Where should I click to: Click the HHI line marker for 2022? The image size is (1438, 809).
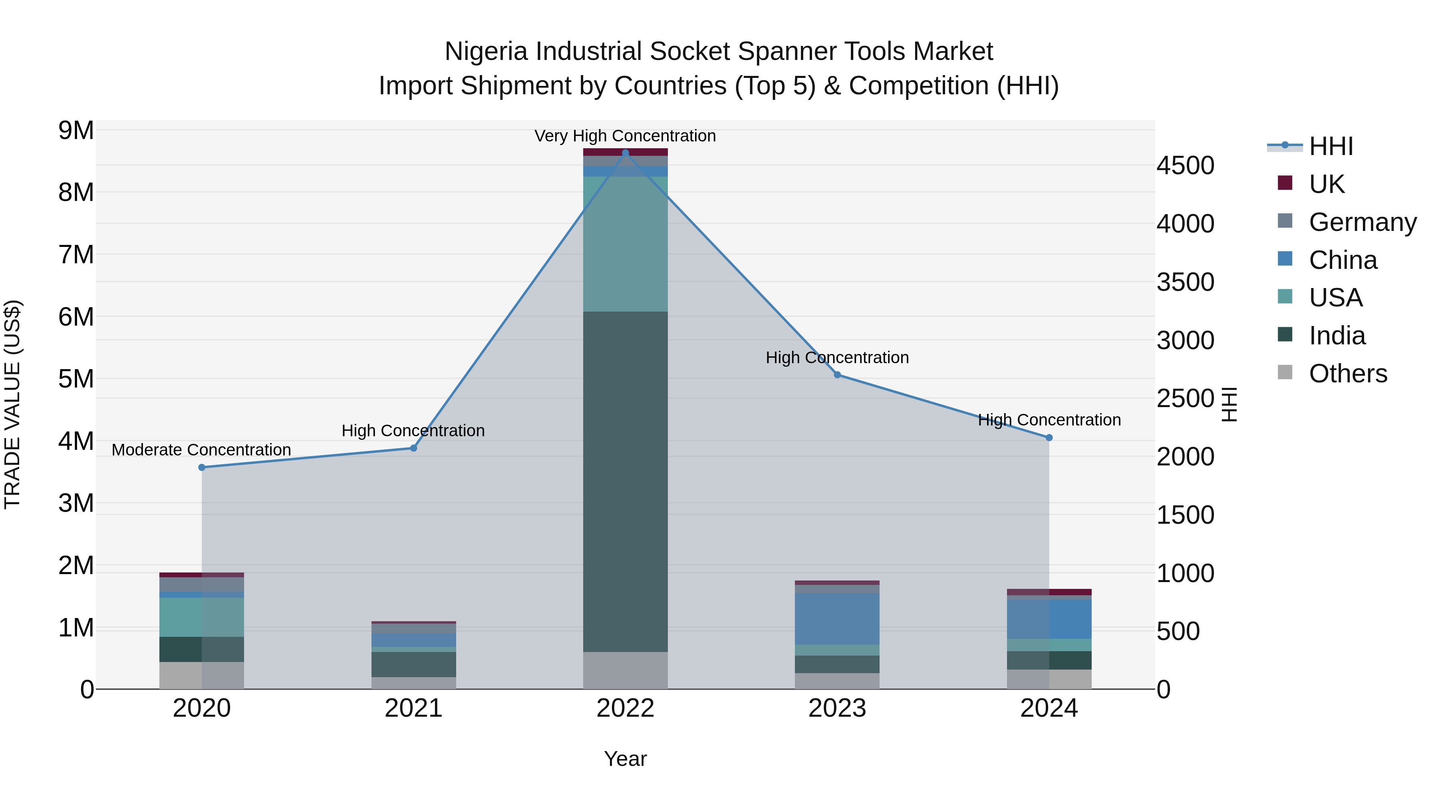[x=625, y=153]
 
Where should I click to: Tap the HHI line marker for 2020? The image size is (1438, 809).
[x=202, y=467]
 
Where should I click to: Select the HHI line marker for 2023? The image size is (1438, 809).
[x=837, y=375]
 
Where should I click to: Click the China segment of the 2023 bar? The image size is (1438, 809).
[x=837, y=618]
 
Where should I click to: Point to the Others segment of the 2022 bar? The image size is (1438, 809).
[x=625, y=670]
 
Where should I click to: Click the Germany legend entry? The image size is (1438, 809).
[x=1362, y=222]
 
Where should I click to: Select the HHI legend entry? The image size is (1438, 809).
[x=1331, y=146]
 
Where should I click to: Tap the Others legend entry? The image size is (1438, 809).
[x=1348, y=374]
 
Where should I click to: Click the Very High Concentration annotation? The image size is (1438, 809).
[x=625, y=136]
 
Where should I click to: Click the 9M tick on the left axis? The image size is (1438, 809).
[x=76, y=131]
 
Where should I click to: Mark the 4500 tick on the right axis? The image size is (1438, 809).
[x=1185, y=166]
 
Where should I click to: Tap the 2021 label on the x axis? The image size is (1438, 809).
[x=414, y=708]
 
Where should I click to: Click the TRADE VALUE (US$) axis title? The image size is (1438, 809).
[x=12, y=404]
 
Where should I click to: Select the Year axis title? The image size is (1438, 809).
[x=625, y=759]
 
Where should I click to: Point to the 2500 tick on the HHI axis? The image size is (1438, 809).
[x=1185, y=399]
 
